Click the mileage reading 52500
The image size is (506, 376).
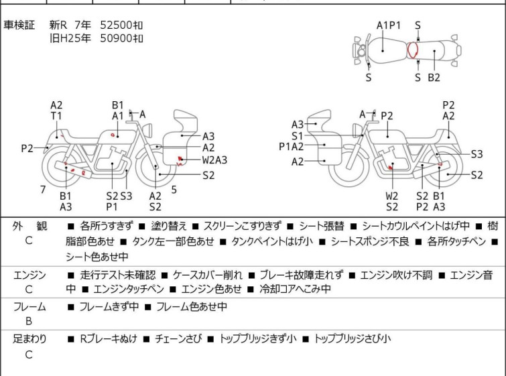point(116,25)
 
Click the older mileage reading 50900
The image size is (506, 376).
point(116,38)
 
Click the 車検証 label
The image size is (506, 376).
point(19,25)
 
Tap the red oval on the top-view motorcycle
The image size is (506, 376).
point(412,50)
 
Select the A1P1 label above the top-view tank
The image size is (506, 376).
point(389,25)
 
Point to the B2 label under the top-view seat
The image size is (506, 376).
point(434,78)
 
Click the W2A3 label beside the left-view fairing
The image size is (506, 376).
point(214,160)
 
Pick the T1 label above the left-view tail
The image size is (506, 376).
point(56,115)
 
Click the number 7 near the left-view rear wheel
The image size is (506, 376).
point(43,190)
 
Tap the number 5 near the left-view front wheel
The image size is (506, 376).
point(174,190)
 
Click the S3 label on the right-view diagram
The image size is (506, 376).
point(477,154)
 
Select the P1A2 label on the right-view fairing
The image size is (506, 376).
point(291,147)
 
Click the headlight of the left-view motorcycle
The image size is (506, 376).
point(147,131)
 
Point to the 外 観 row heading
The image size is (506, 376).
point(29,226)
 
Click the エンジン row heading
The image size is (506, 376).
point(29,275)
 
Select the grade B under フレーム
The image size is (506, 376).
point(29,321)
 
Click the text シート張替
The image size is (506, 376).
point(322,226)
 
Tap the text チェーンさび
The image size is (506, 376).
point(178,338)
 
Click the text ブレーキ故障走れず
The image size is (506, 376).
point(302,275)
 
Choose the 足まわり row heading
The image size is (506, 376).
point(29,338)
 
